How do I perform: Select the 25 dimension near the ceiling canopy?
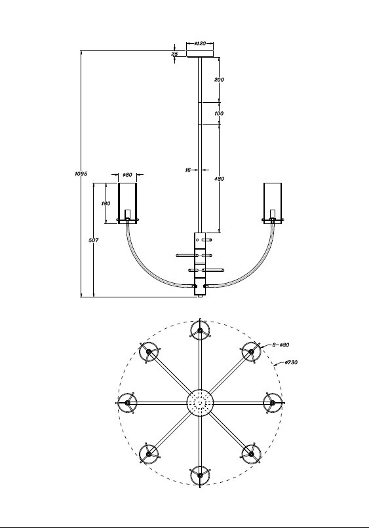pos(175,54)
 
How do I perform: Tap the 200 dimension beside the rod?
pos(219,79)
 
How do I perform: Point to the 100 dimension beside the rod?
pos(219,113)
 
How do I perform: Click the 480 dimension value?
pos(219,178)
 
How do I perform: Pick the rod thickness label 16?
pos(187,170)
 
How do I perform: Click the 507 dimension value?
pos(94,241)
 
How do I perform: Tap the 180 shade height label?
pos(106,204)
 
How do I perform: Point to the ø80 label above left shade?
pos(128,175)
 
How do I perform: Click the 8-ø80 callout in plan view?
pos(281,343)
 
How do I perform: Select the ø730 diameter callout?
pos(292,362)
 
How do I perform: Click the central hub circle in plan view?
pos(200,402)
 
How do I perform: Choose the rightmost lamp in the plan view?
pos(272,402)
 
